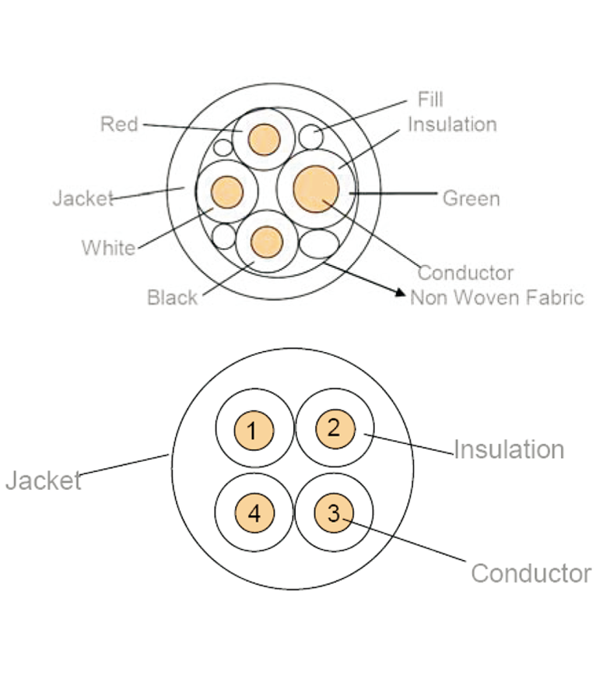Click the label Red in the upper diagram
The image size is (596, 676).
(x=119, y=124)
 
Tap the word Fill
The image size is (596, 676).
(x=430, y=100)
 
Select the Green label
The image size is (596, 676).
(x=471, y=199)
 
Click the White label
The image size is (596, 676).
(x=108, y=248)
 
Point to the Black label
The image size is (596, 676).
(x=172, y=298)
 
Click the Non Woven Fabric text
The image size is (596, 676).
(x=496, y=297)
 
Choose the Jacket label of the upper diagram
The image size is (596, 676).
(x=82, y=199)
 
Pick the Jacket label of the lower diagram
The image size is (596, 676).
(x=44, y=481)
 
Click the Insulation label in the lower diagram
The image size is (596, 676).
(x=508, y=449)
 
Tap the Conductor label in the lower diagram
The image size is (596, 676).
(x=531, y=574)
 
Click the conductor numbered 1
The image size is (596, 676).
(x=256, y=430)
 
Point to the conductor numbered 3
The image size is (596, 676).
(x=334, y=513)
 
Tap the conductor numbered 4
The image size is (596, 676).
(x=255, y=514)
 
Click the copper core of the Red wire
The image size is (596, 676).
(x=264, y=139)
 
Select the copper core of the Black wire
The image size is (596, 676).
(x=268, y=241)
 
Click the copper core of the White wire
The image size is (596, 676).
(x=227, y=192)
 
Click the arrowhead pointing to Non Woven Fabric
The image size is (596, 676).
(x=401, y=293)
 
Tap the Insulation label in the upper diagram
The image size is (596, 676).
(x=452, y=125)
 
